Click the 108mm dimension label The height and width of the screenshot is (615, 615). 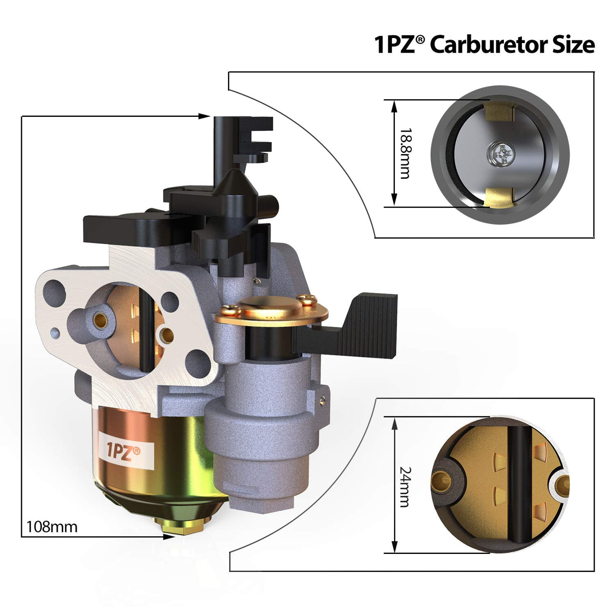(x=52, y=527)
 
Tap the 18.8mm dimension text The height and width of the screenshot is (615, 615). (x=405, y=153)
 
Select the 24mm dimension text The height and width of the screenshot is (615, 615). (x=405, y=487)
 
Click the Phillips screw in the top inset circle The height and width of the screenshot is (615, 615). (x=501, y=155)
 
